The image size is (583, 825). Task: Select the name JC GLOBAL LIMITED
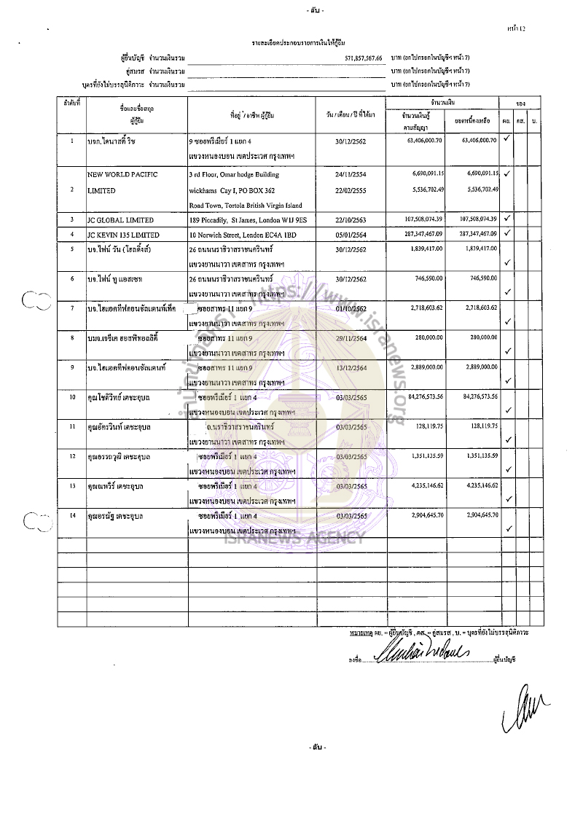pos(120,219)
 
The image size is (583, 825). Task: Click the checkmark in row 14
pos(509,528)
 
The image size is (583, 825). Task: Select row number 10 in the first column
pos(72,397)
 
